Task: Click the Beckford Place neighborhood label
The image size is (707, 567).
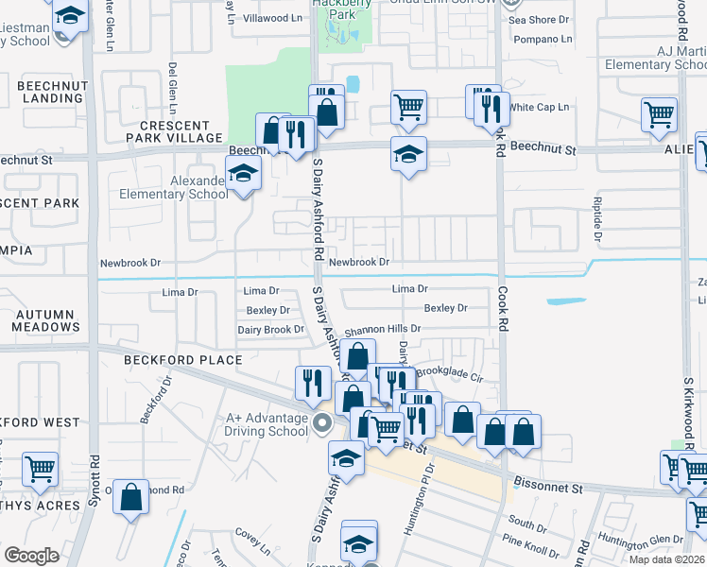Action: [x=182, y=360]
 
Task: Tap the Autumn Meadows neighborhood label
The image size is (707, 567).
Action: [x=46, y=320]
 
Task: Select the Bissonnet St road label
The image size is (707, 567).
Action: [x=549, y=488]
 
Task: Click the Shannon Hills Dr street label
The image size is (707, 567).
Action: [x=382, y=329]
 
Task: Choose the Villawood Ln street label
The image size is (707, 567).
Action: [x=272, y=18]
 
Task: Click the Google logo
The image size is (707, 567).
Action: [x=32, y=556]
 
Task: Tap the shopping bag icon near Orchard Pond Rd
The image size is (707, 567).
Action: [x=131, y=494]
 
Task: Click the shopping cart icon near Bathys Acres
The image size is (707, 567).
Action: [x=40, y=468]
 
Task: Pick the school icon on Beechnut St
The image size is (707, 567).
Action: [x=408, y=153]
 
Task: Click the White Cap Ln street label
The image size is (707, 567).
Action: [x=540, y=107]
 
